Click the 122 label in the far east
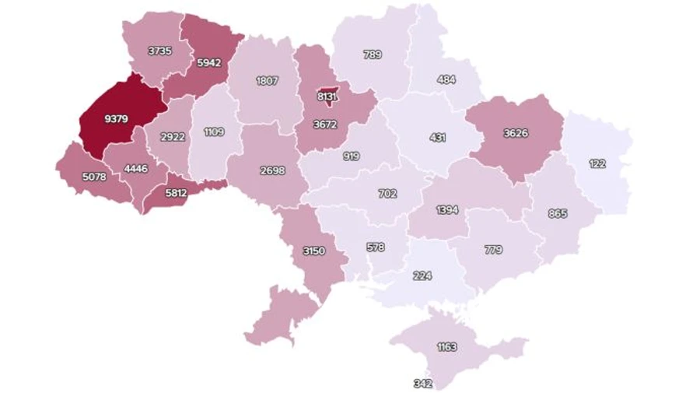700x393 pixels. (x=597, y=163)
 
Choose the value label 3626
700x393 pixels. (x=515, y=132)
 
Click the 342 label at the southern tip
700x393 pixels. (x=424, y=384)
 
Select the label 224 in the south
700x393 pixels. (x=423, y=275)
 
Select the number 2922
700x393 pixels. (x=172, y=137)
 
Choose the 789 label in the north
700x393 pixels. (x=372, y=54)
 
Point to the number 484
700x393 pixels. (x=446, y=79)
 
